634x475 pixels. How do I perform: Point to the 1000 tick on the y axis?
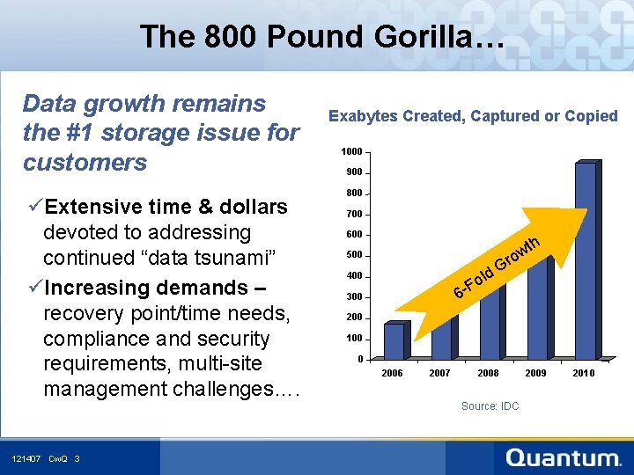point(351,152)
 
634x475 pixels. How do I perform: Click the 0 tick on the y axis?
point(360,359)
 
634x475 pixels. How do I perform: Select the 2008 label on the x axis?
point(488,373)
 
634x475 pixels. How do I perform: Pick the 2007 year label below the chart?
point(439,373)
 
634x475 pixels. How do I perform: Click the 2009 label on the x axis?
point(535,373)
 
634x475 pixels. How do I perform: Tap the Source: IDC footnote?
point(490,406)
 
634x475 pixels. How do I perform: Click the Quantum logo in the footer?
point(564,457)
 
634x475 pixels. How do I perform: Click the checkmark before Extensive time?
point(34,207)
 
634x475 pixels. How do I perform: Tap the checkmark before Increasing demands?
point(34,288)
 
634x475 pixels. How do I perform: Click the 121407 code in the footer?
point(26,459)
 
